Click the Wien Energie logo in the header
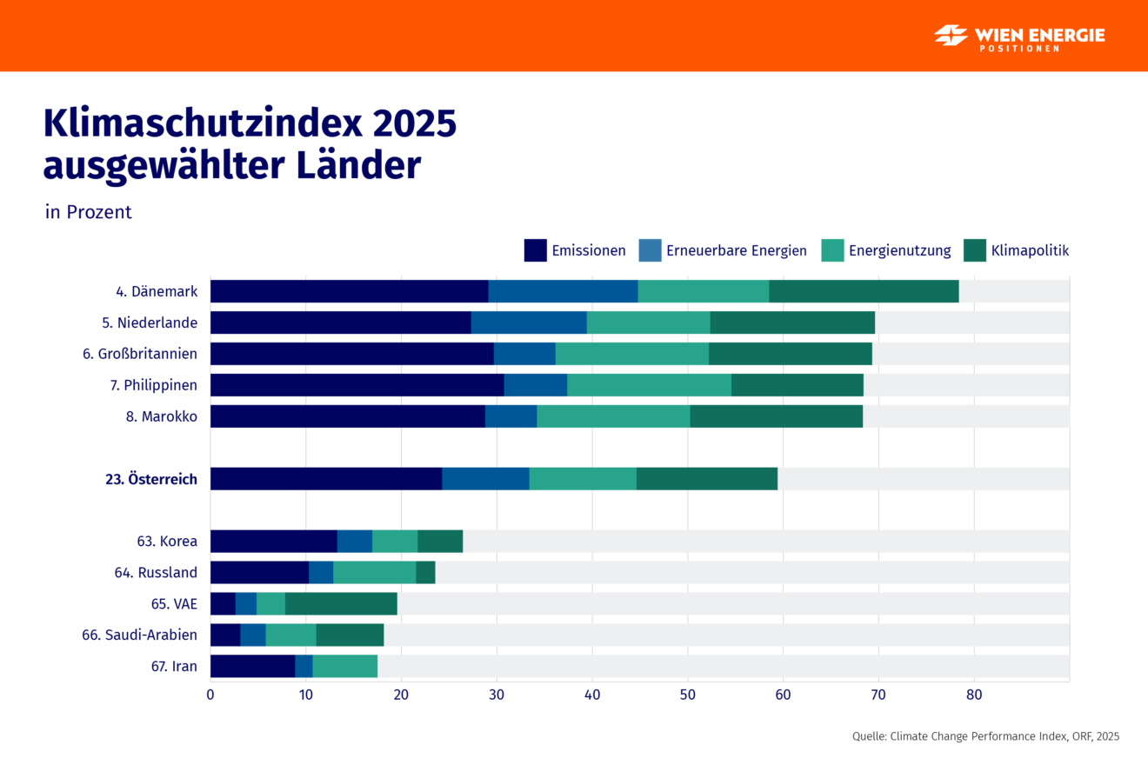[x=1019, y=37]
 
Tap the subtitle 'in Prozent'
[x=89, y=212]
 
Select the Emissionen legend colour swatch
[x=535, y=250]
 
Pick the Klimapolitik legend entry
[x=1017, y=250]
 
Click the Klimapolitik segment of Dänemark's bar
[x=864, y=291]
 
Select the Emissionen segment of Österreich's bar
[x=326, y=479]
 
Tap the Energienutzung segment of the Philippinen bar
[x=649, y=385]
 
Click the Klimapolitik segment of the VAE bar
[x=341, y=604]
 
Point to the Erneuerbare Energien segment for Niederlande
[x=529, y=323]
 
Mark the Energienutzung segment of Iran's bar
[x=344, y=667]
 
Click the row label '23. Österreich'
[x=150, y=479]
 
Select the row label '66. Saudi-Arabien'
[x=139, y=635]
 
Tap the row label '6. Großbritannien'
[x=140, y=354]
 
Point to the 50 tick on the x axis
[x=687, y=695]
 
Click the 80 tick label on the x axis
[x=974, y=695]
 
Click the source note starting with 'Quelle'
[x=985, y=736]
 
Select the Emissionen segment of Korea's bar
[x=273, y=542]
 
